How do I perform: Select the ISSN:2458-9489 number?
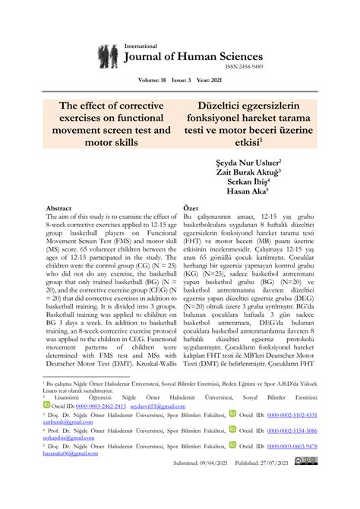coord(238,68)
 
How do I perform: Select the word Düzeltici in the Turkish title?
coord(213,105)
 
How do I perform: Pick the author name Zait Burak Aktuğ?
coord(249,172)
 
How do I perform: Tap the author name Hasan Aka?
coord(262,192)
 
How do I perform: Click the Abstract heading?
coord(59,207)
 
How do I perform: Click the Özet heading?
coord(193,207)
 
